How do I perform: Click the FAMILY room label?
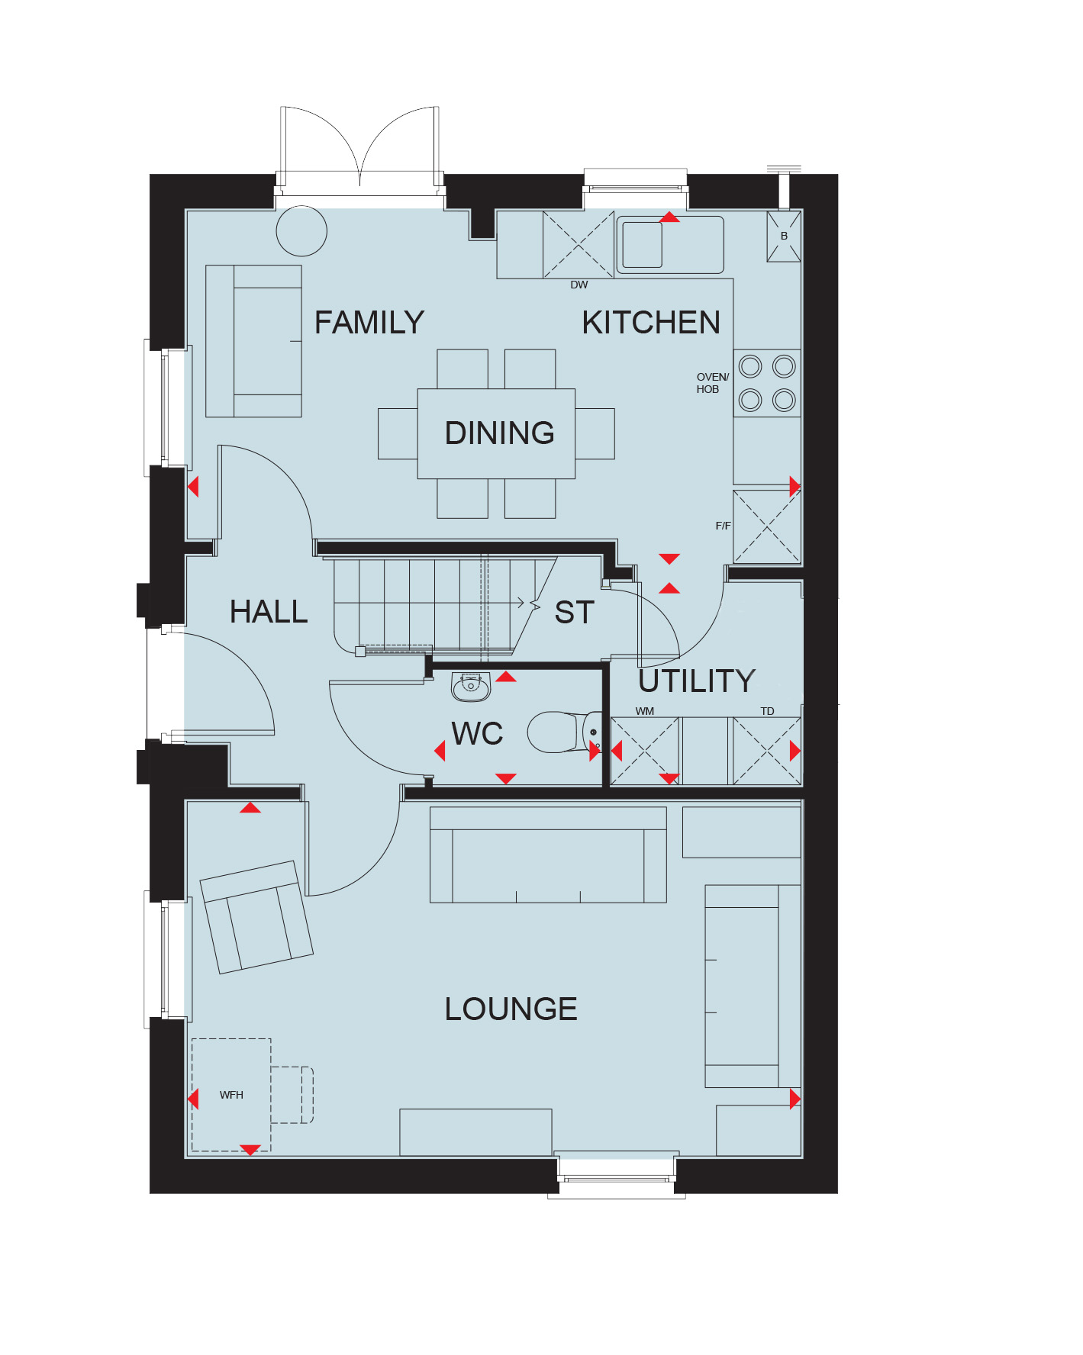click(369, 323)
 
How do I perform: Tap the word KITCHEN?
click(651, 323)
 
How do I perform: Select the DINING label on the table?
click(499, 433)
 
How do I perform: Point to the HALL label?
click(269, 612)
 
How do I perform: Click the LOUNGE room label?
click(511, 1009)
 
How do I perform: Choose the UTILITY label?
click(697, 681)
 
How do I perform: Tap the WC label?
click(477, 734)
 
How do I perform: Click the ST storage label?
click(574, 613)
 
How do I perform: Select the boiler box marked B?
click(784, 237)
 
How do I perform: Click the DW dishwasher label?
click(579, 285)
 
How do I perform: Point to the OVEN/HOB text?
click(712, 383)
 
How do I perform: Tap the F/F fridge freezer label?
click(723, 526)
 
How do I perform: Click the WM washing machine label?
click(645, 711)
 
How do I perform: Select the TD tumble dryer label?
click(767, 711)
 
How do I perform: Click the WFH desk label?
click(231, 1095)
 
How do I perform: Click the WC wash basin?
click(471, 687)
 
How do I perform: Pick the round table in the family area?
click(301, 230)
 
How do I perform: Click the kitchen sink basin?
click(642, 245)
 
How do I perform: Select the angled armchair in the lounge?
click(256, 918)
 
